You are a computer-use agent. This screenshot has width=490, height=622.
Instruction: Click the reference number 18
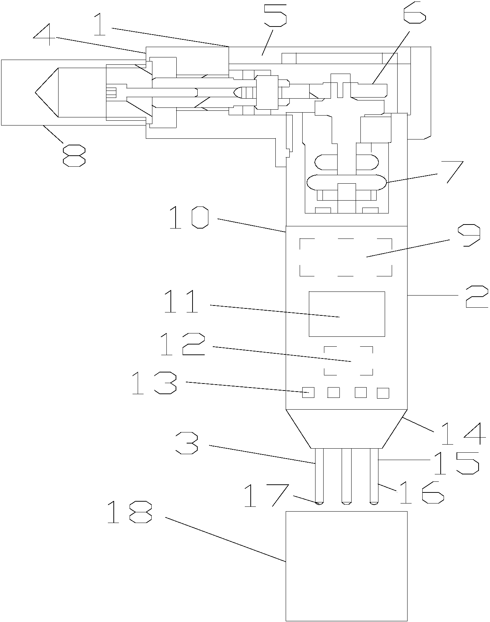tap(129, 513)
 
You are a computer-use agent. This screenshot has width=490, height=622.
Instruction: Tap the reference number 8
tap(74, 155)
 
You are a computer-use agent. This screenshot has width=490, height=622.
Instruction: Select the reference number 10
tap(189, 218)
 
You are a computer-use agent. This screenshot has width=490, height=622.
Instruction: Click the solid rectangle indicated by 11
tap(346, 314)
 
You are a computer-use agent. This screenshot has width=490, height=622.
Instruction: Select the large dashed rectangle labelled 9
tap(346, 257)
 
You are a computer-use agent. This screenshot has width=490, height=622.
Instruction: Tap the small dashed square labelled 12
tap(348, 360)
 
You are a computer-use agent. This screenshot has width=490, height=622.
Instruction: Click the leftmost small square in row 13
tap(308, 392)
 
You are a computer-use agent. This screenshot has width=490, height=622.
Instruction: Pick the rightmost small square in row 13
tap(383, 393)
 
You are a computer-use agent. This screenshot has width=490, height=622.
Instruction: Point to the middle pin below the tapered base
tap(346, 475)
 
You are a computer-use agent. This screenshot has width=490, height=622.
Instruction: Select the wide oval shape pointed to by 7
tap(346, 182)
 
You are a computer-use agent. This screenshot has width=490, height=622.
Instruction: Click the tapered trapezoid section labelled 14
tap(346, 429)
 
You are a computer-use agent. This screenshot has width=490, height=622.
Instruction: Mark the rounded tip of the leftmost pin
tap(319, 502)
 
